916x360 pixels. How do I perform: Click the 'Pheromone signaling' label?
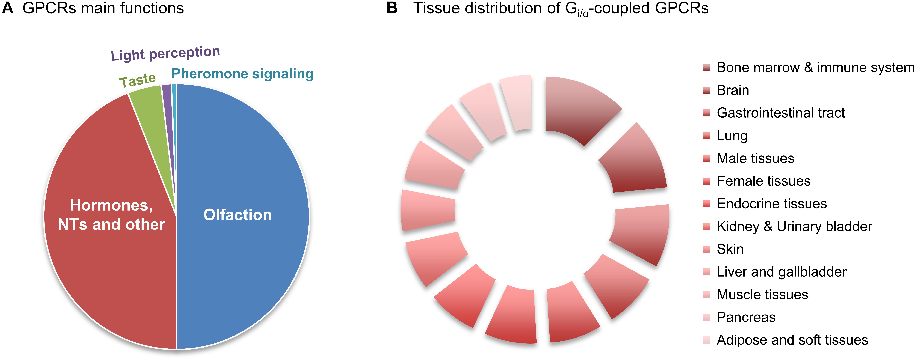coord(242,74)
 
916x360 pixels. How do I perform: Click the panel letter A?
coord(8,8)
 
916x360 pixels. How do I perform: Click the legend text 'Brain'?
coord(733,90)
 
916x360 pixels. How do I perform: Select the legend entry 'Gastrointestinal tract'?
coord(780,113)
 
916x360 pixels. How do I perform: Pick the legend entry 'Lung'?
coord(732,136)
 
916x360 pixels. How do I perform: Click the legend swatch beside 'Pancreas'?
coord(707,317)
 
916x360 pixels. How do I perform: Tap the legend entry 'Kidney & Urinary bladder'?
coord(794,227)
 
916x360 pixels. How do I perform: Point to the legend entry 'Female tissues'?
coord(763,181)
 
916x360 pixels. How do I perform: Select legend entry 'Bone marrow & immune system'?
coord(815,68)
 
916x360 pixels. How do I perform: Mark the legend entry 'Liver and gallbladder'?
coord(781,272)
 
